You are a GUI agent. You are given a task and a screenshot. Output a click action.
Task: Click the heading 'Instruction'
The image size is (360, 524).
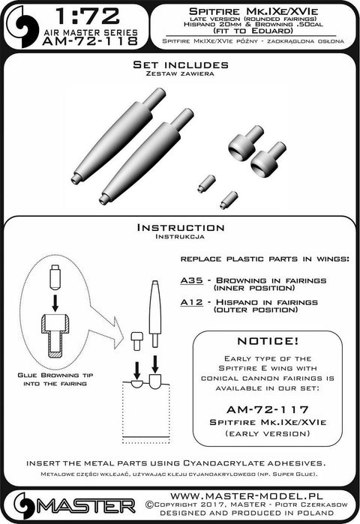click(x=179, y=227)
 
